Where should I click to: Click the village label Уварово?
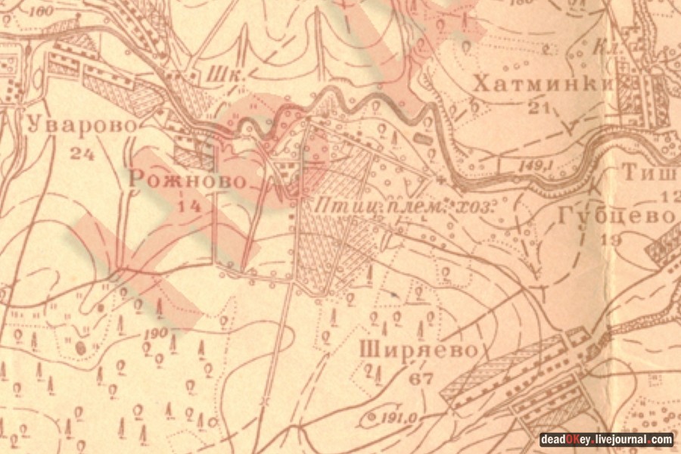click(71, 126)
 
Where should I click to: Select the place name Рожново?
click(188, 180)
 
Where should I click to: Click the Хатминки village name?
click(541, 84)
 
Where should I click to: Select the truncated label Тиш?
click(650, 173)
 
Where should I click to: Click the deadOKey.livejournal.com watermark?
click(605, 439)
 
